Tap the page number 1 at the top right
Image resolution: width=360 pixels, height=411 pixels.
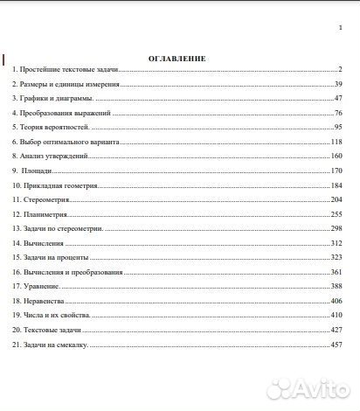pyautogui.click(x=339, y=29)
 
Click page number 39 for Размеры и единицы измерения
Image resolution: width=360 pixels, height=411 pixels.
pyautogui.click(x=337, y=84)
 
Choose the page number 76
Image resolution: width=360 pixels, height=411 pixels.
pyautogui.click(x=337, y=113)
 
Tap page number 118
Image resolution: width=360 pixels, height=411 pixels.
pyautogui.click(x=336, y=142)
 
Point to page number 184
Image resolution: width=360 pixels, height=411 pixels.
pyautogui.click(x=336, y=186)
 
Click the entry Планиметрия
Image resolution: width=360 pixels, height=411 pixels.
pyautogui.click(x=42, y=214)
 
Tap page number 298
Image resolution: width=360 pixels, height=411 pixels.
pyautogui.click(x=336, y=228)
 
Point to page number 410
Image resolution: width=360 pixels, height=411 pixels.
pyautogui.click(x=336, y=315)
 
